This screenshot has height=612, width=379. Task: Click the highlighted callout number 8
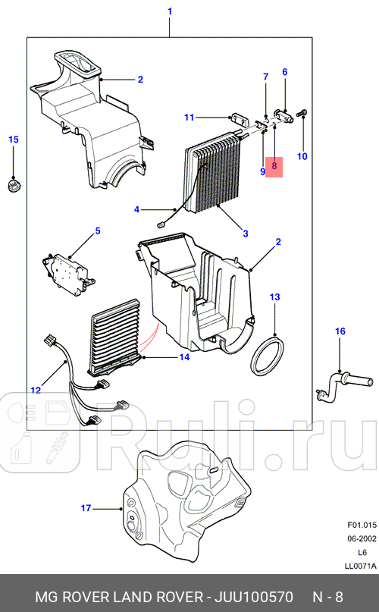pyautogui.click(x=274, y=165)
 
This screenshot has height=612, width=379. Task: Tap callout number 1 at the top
pyautogui.click(x=169, y=11)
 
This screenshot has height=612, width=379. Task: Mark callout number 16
pyautogui.click(x=340, y=331)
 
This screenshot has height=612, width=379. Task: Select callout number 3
pyautogui.click(x=245, y=234)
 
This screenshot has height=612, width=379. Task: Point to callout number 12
pyautogui.click(x=35, y=390)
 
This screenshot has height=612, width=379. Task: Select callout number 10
pyautogui.click(x=302, y=157)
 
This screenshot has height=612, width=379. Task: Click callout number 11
pyautogui.click(x=189, y=117)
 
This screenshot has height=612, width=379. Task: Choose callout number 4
pyautogui.click(x=136, y=209)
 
